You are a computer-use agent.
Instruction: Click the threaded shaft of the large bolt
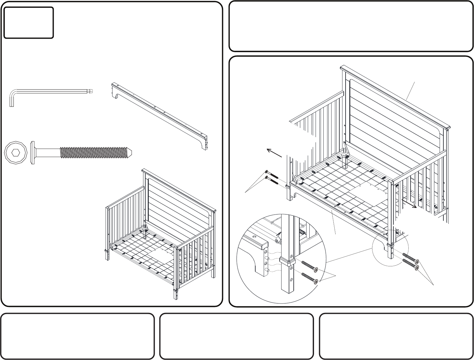click(94, 152)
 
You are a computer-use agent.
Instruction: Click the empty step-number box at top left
click(28, 22)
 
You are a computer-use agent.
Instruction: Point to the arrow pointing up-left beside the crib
click(274, 153)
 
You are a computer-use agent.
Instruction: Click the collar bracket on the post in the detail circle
click(287, 261)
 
